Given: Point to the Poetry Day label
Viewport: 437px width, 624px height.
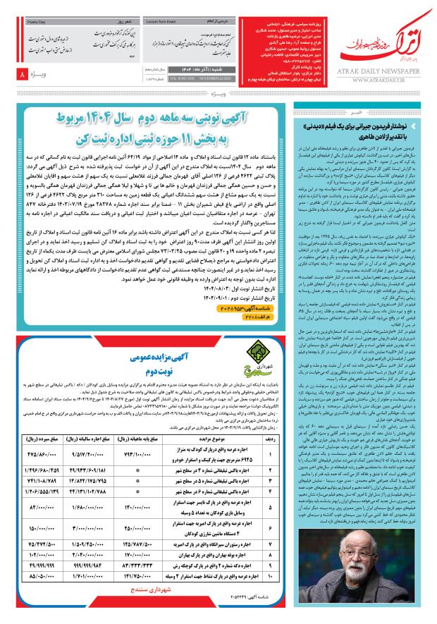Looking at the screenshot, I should click(x=33, y=23).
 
